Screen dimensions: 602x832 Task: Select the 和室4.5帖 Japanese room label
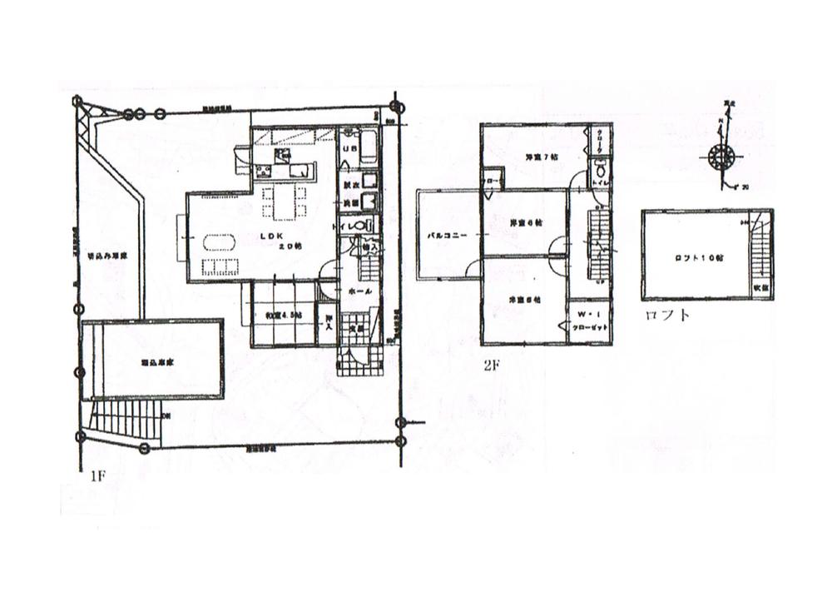pyautogui.click(x=285, y=315)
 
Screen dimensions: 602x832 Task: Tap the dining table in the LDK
pyautogui.click(x=279, y=201)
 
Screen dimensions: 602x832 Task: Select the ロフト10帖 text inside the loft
pyautogui.click(x=697, y=257)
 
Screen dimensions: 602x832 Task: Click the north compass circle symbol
pyautogui.click(x=721, y=157)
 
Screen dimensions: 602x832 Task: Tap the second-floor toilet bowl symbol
pyautogui.click(x=599, y=174)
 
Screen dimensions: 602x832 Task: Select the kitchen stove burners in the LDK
pyautogui.click(x=265, y=172)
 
